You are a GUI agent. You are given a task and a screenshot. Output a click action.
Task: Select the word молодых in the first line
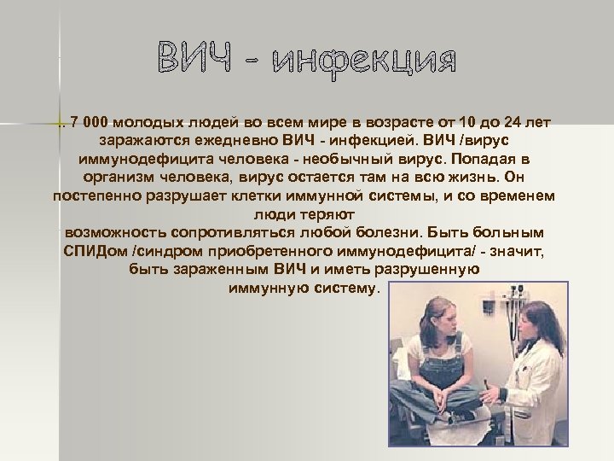point(148,121)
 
